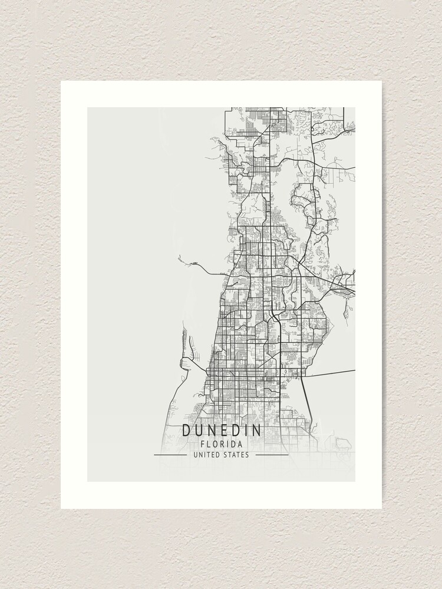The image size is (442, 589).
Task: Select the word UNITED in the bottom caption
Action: click(x=207, y=455)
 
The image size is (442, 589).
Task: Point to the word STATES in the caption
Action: click(x=236, y=455)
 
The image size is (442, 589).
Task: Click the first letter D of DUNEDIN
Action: click(x=186, y=431)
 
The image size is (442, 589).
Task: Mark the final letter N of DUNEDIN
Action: click(x=256, y=431)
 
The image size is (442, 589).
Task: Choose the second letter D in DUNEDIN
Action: click(x=235, y=431)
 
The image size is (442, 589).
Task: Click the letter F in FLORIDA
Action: click(x=202, y=444)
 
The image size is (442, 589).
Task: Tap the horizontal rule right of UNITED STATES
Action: click(x=272, y=455)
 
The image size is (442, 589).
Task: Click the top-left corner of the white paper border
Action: click(x=61, y=81)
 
